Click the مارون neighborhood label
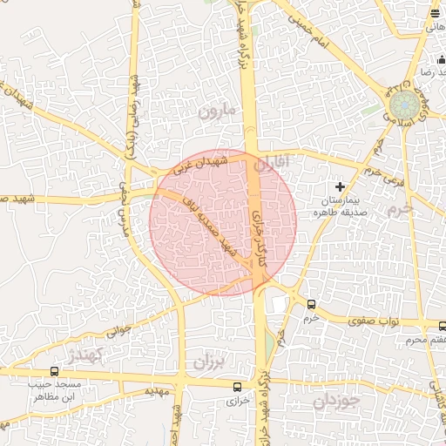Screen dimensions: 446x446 217,111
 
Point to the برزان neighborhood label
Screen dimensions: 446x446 209,360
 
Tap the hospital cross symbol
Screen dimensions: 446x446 341,186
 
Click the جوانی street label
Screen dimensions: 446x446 119,331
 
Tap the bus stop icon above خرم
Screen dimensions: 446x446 312,304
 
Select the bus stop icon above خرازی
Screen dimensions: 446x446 238,386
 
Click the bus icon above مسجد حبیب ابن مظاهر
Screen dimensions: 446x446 55,372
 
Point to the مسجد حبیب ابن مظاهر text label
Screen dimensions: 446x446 54,390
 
